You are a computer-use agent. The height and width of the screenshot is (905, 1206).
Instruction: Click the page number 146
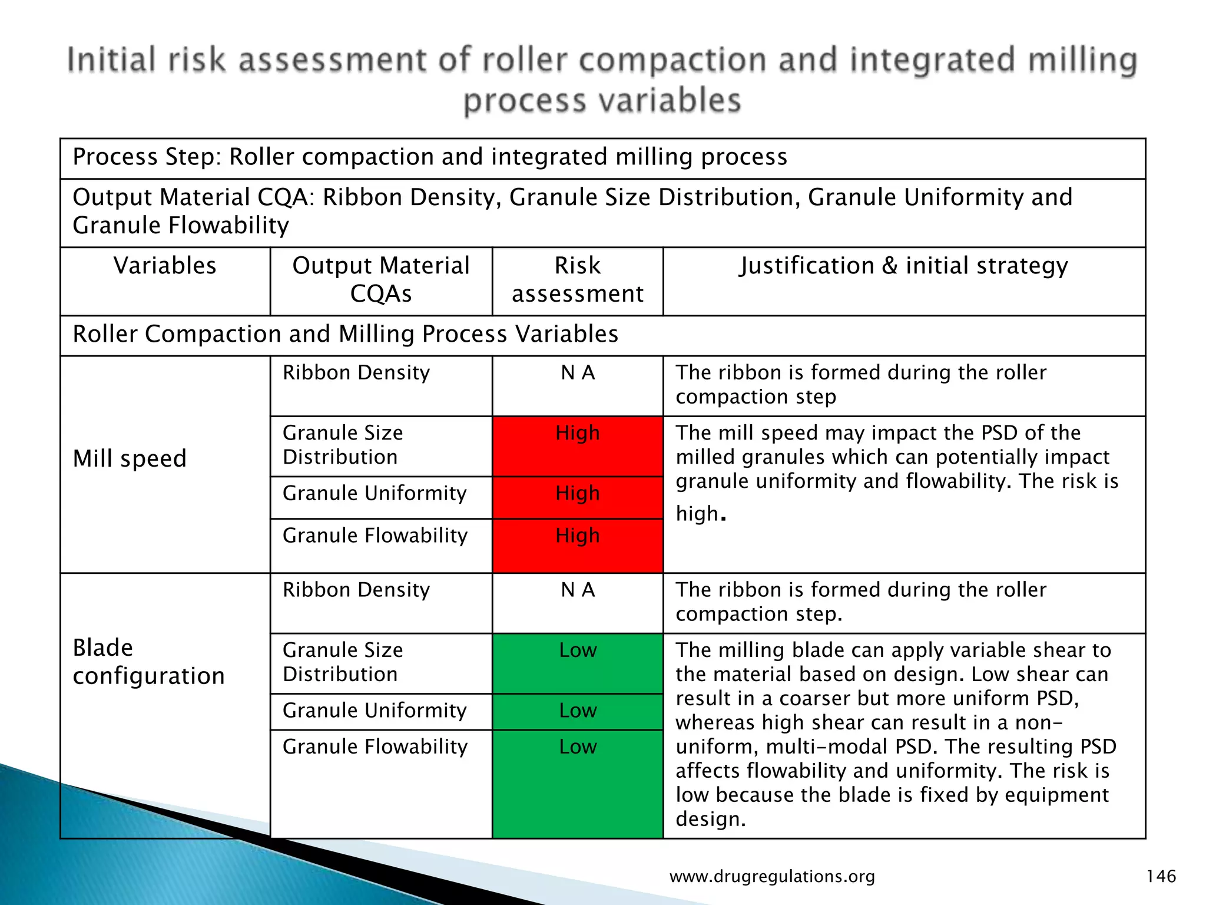point(1161,876)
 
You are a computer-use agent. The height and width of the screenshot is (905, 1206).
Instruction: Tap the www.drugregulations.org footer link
point(772,877)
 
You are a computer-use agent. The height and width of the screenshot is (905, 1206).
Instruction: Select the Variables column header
point(165,266)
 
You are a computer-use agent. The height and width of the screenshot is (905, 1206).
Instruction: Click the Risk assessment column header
point(577,280)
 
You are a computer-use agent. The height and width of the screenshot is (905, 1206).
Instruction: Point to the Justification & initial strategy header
point(903,266)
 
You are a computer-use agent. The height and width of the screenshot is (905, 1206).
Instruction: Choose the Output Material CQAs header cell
point(381,280)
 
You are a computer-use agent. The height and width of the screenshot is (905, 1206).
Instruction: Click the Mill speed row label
point(130,458)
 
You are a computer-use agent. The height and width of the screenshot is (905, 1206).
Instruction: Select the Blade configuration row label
point(148,662)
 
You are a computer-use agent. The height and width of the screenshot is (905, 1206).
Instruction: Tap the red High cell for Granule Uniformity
point(577,493)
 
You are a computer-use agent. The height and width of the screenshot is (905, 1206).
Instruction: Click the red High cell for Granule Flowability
point(577,536)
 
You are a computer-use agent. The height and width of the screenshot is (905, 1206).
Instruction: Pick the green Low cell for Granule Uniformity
point(577,711)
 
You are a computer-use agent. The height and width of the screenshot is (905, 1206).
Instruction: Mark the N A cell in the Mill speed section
point(577,373)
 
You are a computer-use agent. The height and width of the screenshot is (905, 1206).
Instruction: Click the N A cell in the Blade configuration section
point(577,590)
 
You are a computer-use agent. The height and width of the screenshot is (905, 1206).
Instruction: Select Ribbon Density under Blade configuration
point(356,590)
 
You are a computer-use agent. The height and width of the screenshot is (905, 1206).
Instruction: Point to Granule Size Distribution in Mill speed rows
point(343,445)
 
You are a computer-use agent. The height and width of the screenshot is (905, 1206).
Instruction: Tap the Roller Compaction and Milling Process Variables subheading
point(345,334)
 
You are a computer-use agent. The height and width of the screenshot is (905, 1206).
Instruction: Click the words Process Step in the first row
point(145,157)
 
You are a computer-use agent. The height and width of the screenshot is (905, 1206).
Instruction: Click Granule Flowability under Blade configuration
point(375,747)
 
